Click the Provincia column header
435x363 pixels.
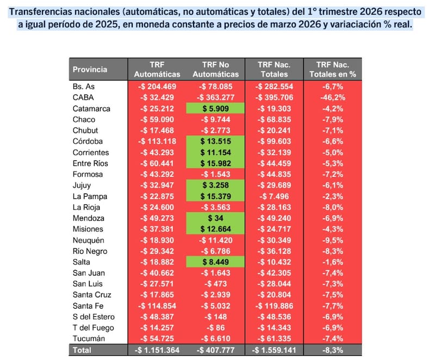pyautogui.click(x=90, y=69)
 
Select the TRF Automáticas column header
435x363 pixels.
pyautogui.click(x=157, y=69)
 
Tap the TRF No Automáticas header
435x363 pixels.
pyautogui.click(x=216, y=69)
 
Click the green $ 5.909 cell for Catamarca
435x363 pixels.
pyautogui.click(x=216, y=109)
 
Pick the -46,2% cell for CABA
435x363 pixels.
pyautogui.click(x=332, y=98)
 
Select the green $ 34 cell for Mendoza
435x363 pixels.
pyautogui.click(x=216, y=218)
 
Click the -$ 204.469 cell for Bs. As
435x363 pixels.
pyautogui.click(x=157, y=86)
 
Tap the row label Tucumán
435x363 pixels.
pyautogui.click(x=88, y=339)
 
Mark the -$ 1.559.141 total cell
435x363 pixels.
pyautogui.click(x=274, y=350)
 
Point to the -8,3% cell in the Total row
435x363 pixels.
pyautogui.click(x=332, y=350)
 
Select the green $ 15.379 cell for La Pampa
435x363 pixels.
pyautogui.click(x=216, y=196)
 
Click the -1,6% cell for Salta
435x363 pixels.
pyautogui.click(x=332, y=262)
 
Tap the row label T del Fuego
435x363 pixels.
pyautogui.click(x=92, y=328)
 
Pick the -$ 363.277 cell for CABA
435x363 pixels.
pyautogui.click(x=216, y=98)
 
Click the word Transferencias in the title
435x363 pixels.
pyautogui.click(x=43, y=12)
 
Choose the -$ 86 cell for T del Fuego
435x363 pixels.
pyautogui.click(x=216, y=328)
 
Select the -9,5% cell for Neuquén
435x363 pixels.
pyautogui.click(x=332, y=240)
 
